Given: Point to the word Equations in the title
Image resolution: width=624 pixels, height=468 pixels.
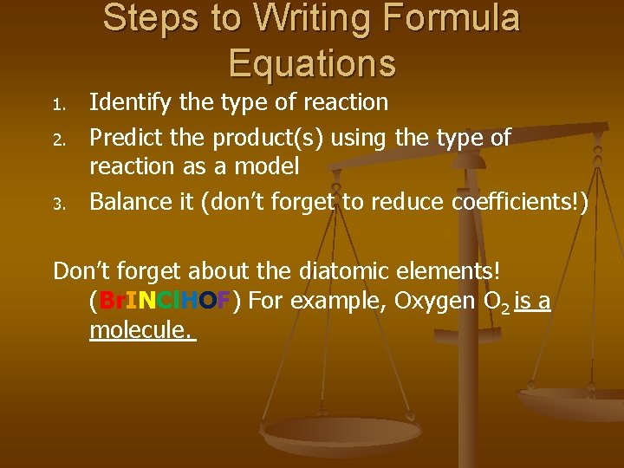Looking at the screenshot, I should pos(312,62).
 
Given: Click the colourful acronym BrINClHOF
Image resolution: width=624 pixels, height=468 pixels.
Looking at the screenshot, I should pos(166,302).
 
